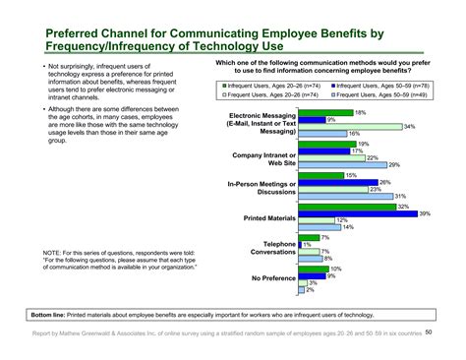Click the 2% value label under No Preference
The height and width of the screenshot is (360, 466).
[x=311, y=290]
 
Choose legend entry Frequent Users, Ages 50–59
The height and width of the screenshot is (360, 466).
[x=379, y=97]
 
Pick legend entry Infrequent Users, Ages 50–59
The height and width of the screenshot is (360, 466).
[x=379, y=87]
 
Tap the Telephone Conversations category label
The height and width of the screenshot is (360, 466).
[x=267, y=247]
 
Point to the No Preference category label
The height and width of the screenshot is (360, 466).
[x=269, y=278]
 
